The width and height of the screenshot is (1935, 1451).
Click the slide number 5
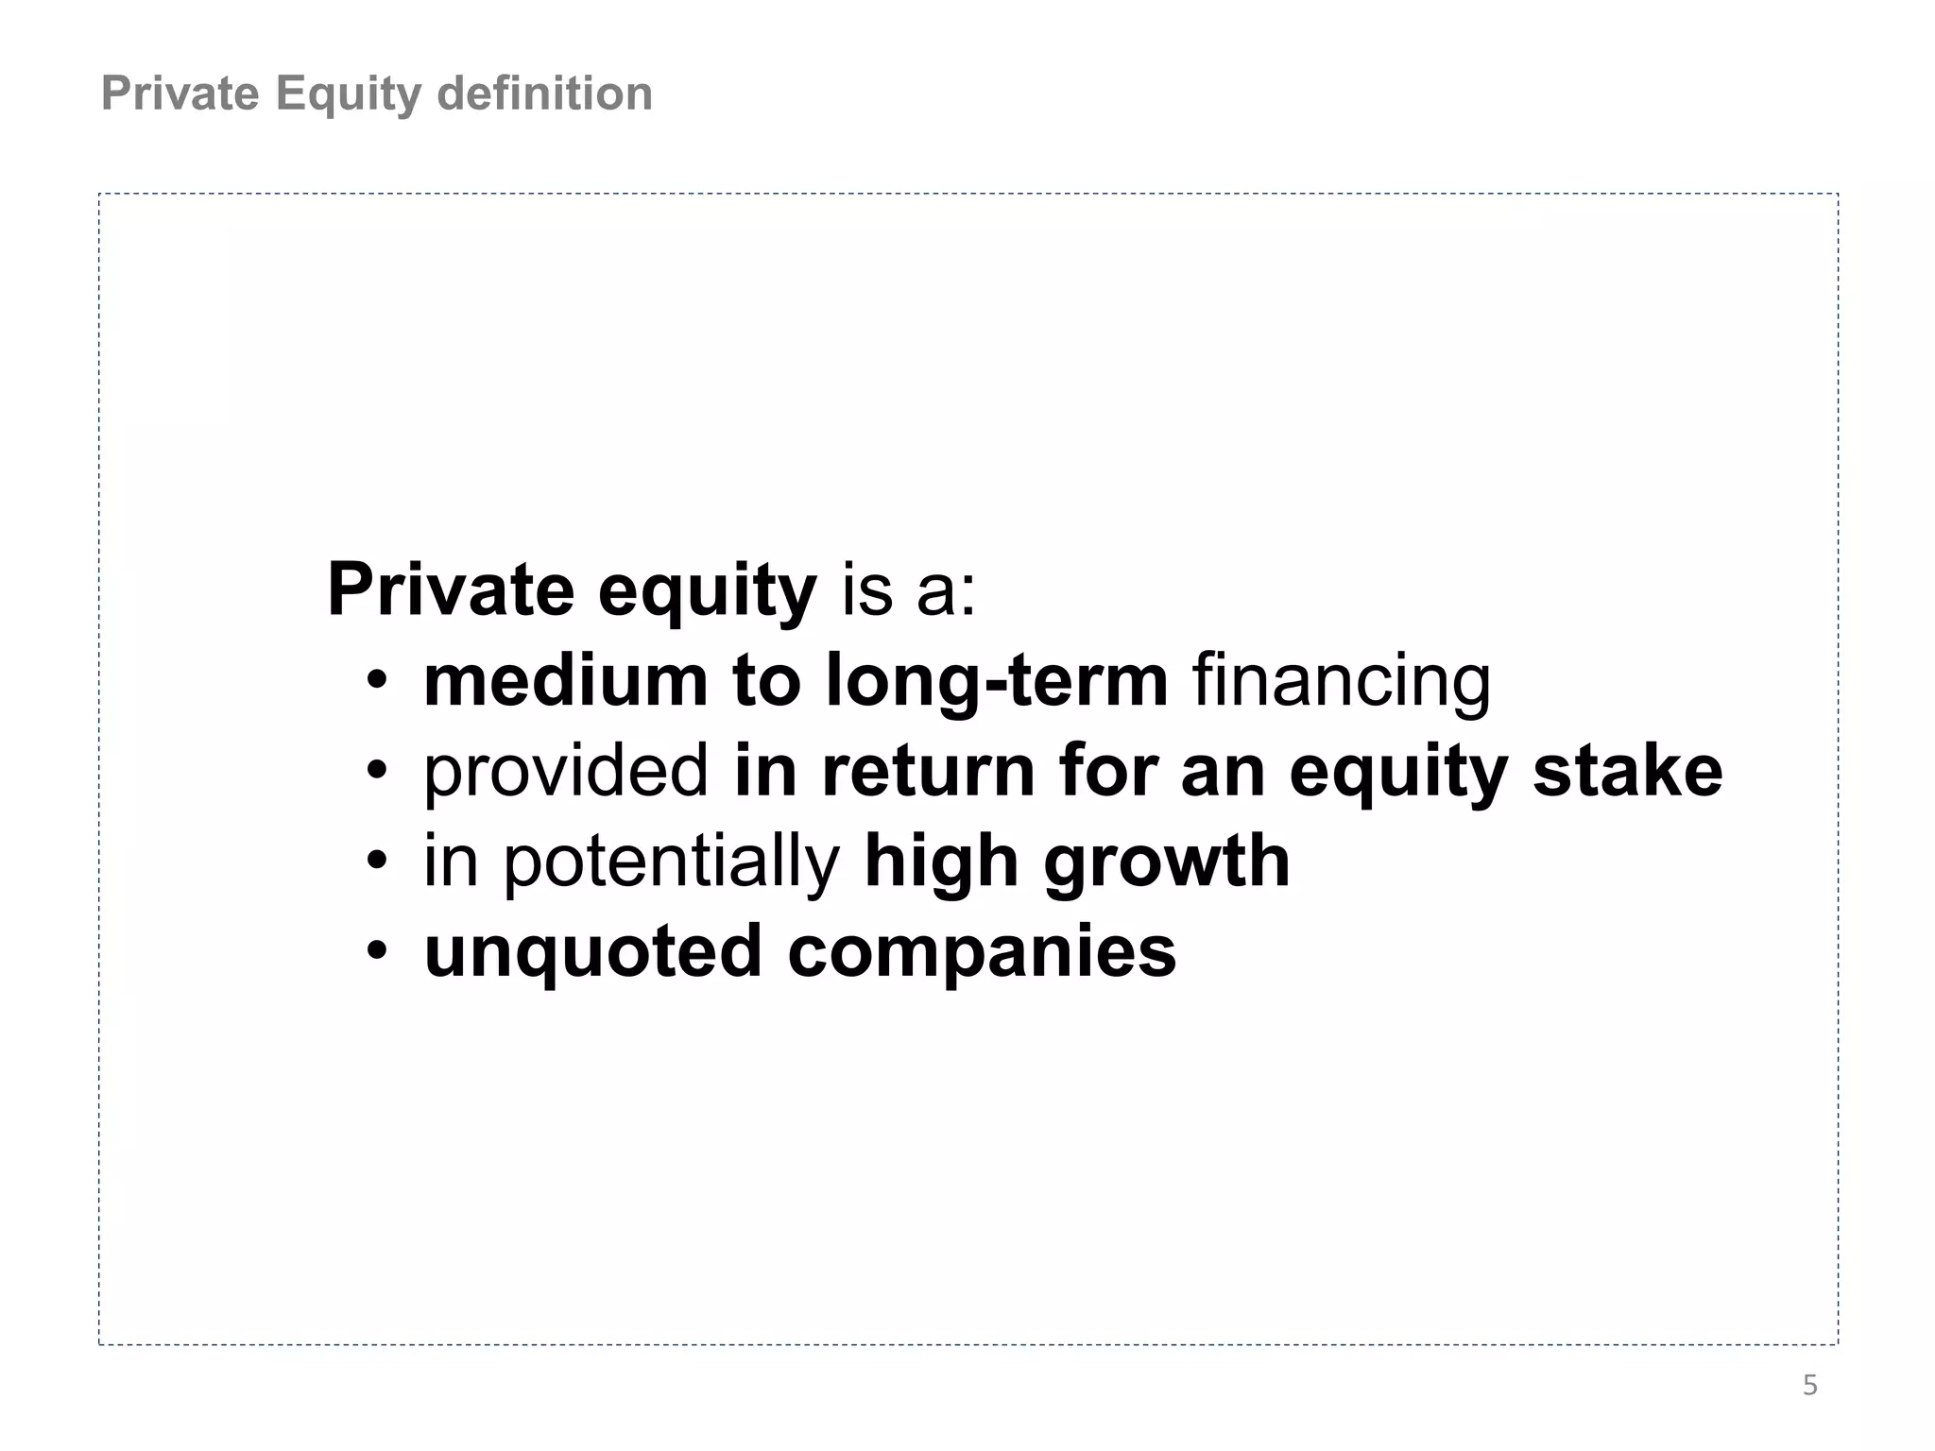click(x=1809, y=1386)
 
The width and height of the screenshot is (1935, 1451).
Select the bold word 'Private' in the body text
click(x=450, y=589)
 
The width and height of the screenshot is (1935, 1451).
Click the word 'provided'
click(x=565, y=770)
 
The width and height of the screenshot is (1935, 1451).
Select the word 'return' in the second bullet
click(x=928, y=770)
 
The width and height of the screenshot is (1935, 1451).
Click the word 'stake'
click(x=1627, y=770)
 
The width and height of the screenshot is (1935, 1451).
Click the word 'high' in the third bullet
click(x=940, y=861)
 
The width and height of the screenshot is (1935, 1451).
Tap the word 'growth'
click(x=1167, y=861)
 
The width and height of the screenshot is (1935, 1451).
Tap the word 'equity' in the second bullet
click(x=1397, y=770)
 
